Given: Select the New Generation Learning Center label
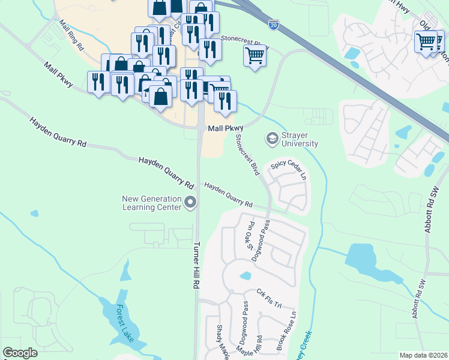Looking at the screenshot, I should coord(151,203).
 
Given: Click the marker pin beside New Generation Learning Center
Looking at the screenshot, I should coord(191,203).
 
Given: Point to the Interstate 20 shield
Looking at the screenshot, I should coord(274,25).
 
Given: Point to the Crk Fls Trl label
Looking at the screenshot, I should coord(269,298).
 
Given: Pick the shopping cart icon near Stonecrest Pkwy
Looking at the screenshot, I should coord(255,56).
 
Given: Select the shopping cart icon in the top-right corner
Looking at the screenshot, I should coord(426,42).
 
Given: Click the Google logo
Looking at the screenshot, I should coord(20,352).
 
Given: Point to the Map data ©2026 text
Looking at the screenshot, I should coord(423,355).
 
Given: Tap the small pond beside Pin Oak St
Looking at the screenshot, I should coord(244,276).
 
